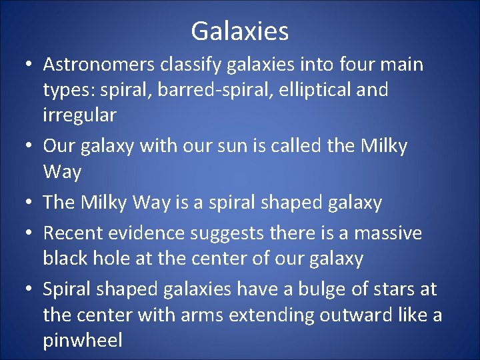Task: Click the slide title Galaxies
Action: point(239,31)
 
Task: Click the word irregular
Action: point(79,115)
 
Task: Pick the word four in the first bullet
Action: point(336,65)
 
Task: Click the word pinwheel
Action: point(83,341)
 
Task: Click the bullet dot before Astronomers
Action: point(29,65)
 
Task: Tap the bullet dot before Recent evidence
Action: point(29,234)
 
